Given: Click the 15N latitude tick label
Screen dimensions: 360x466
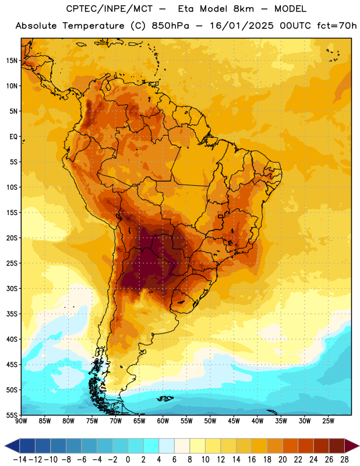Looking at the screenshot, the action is [12, 61].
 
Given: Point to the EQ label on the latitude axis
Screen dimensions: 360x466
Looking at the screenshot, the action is [13, 137].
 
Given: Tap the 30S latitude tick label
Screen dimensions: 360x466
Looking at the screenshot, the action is [12, 288].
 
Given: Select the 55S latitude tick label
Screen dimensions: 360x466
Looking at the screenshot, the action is [12, 415].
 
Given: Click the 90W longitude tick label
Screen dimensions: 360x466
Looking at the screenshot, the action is [21, 421].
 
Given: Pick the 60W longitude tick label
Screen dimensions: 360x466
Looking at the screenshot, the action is [163, 421].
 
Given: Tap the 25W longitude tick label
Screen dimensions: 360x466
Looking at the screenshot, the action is [328, 421].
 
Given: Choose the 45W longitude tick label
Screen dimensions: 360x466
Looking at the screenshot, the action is [234, 421].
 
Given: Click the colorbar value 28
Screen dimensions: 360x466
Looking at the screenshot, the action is [344, 460].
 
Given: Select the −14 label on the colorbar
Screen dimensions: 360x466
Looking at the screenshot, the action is [20, 460].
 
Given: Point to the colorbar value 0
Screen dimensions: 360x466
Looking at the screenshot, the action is [128, 460].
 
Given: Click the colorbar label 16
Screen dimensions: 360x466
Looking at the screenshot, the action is [252, 460].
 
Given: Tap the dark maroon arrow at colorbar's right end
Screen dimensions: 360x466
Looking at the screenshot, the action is [351, 446].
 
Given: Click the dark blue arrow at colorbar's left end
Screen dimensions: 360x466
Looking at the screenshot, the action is [12, 446].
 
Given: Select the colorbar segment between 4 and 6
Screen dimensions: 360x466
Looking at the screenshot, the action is [167, 446].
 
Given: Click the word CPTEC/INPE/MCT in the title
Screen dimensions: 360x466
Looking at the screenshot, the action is [109, 9].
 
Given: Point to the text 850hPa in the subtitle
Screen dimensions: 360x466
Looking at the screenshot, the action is [170, 26].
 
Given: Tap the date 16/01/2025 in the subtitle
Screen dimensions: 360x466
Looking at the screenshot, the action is [242, 26].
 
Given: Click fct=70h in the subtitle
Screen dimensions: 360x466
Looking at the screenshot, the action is [337, 26].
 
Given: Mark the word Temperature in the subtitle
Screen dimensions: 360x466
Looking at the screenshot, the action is [93, 26].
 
